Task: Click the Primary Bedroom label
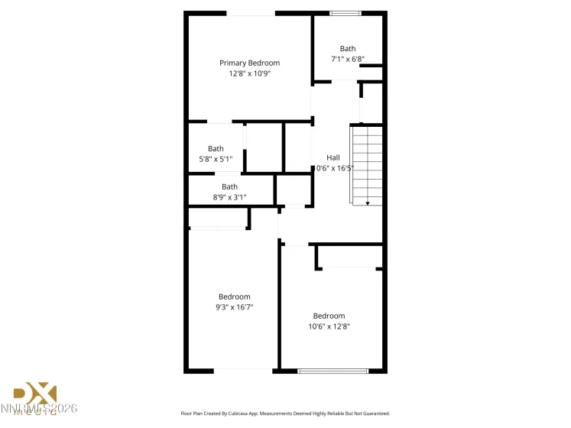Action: click(x=249, y=63)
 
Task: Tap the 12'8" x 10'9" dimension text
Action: click(x=249, y=73)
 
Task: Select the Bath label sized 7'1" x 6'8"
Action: click(x=347, y=49)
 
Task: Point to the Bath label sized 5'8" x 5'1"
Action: click(x=216, y=149)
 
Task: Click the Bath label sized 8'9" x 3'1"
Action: click(x=229, y=186)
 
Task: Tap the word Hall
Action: click(x=333, y=157)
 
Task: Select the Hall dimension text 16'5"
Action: click(x=336, y=168)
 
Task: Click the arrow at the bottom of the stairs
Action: click(x=367, y=203)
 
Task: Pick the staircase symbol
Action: click(x=366, y=164)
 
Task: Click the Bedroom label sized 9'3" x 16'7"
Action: click(x=234, y=297)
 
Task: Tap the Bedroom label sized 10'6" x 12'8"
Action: click(x=329, y=316)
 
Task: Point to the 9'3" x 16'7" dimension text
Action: click(x=234, y=307)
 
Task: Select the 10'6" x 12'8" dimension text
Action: click(x=329, y=326)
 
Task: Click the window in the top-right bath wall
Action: click(x=346, y=13)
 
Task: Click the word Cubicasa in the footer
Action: click(x=249, y=413)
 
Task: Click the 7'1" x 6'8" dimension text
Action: click(x=347, y=59)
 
